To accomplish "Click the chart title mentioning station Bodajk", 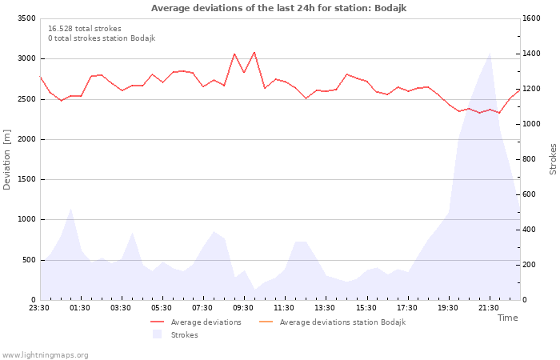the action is click(278, 8).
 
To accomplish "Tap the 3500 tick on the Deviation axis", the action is click(26, 18).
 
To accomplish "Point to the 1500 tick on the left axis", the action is click(26, 179).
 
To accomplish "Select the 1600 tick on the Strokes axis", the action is click(531, 18).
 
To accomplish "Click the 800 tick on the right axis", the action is click(530, 159).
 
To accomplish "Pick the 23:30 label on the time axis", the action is click(39, 308).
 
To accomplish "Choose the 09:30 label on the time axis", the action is click(243, 308).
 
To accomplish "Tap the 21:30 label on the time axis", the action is click(489, 308).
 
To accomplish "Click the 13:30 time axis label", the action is click(325, 308).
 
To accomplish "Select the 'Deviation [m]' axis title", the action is click(6, 159).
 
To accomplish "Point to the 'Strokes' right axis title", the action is click(553, 159).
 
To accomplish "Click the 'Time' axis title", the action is click(508, 318).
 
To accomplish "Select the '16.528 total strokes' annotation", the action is click(85, 29).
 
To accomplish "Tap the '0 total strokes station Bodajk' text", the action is click(102, 38).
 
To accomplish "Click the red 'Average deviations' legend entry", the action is click(196, 322).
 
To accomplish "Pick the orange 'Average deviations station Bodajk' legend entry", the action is click(332, 322).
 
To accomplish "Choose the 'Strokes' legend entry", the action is click(175, 334).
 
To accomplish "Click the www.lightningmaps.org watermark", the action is click(44, 355).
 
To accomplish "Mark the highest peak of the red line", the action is click(254, 52).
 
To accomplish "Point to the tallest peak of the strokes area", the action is click(490, 54).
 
